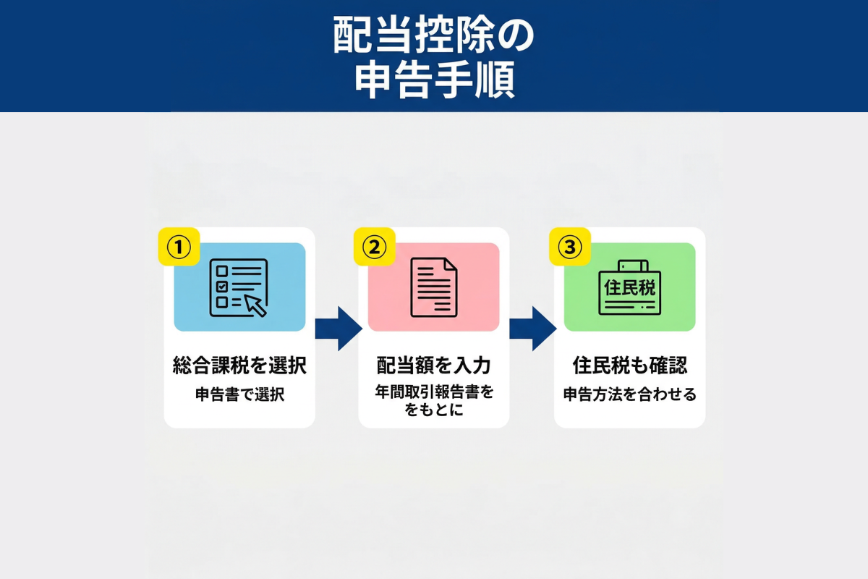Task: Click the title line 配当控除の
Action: coord(433,35)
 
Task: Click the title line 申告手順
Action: coord(435,80)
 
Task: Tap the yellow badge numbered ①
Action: coord(179,247)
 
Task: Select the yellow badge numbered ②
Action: coord(375,247)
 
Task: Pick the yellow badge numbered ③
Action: coord(570,247)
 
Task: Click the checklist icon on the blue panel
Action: coord(239,288)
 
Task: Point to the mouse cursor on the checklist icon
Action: coord(255,305)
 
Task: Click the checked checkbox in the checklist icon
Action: coord(221,287)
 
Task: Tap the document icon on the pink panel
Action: coord(434,287)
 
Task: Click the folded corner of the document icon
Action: coord(451,263)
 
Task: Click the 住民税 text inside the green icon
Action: coord(630,288)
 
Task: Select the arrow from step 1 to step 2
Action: coord(339,329)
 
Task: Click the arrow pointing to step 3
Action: coord(533,329)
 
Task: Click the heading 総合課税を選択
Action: coord(239,365)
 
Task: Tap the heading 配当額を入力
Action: coord(434,365)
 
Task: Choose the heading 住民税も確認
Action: coord(630,365)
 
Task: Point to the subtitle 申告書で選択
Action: coord(240,394)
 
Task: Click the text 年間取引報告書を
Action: coord(435,392)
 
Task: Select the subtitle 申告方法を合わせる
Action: coord(630,394)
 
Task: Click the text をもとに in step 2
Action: coord(434,410)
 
